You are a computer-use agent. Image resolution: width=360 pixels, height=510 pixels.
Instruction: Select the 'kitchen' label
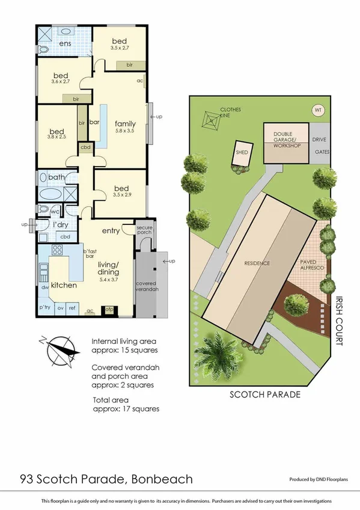pos(63,285)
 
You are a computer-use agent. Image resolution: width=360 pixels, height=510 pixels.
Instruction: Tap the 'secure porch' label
pos(145,231)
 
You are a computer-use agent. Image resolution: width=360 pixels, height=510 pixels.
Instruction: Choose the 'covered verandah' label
pos(147,286)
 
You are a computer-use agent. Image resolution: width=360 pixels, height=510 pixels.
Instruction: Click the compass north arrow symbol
pos(59,352)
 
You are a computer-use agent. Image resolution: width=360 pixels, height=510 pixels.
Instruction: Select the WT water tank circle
pos(317,110)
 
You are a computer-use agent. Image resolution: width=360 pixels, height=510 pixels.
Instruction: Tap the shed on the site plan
pos(242,155)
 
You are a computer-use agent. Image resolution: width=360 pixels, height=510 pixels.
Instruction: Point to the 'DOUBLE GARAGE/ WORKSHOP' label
pos(287,140)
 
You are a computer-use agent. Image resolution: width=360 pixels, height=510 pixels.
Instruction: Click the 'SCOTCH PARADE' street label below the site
pos(264,395)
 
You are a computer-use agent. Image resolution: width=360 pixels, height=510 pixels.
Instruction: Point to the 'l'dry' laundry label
pos(60,224)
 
